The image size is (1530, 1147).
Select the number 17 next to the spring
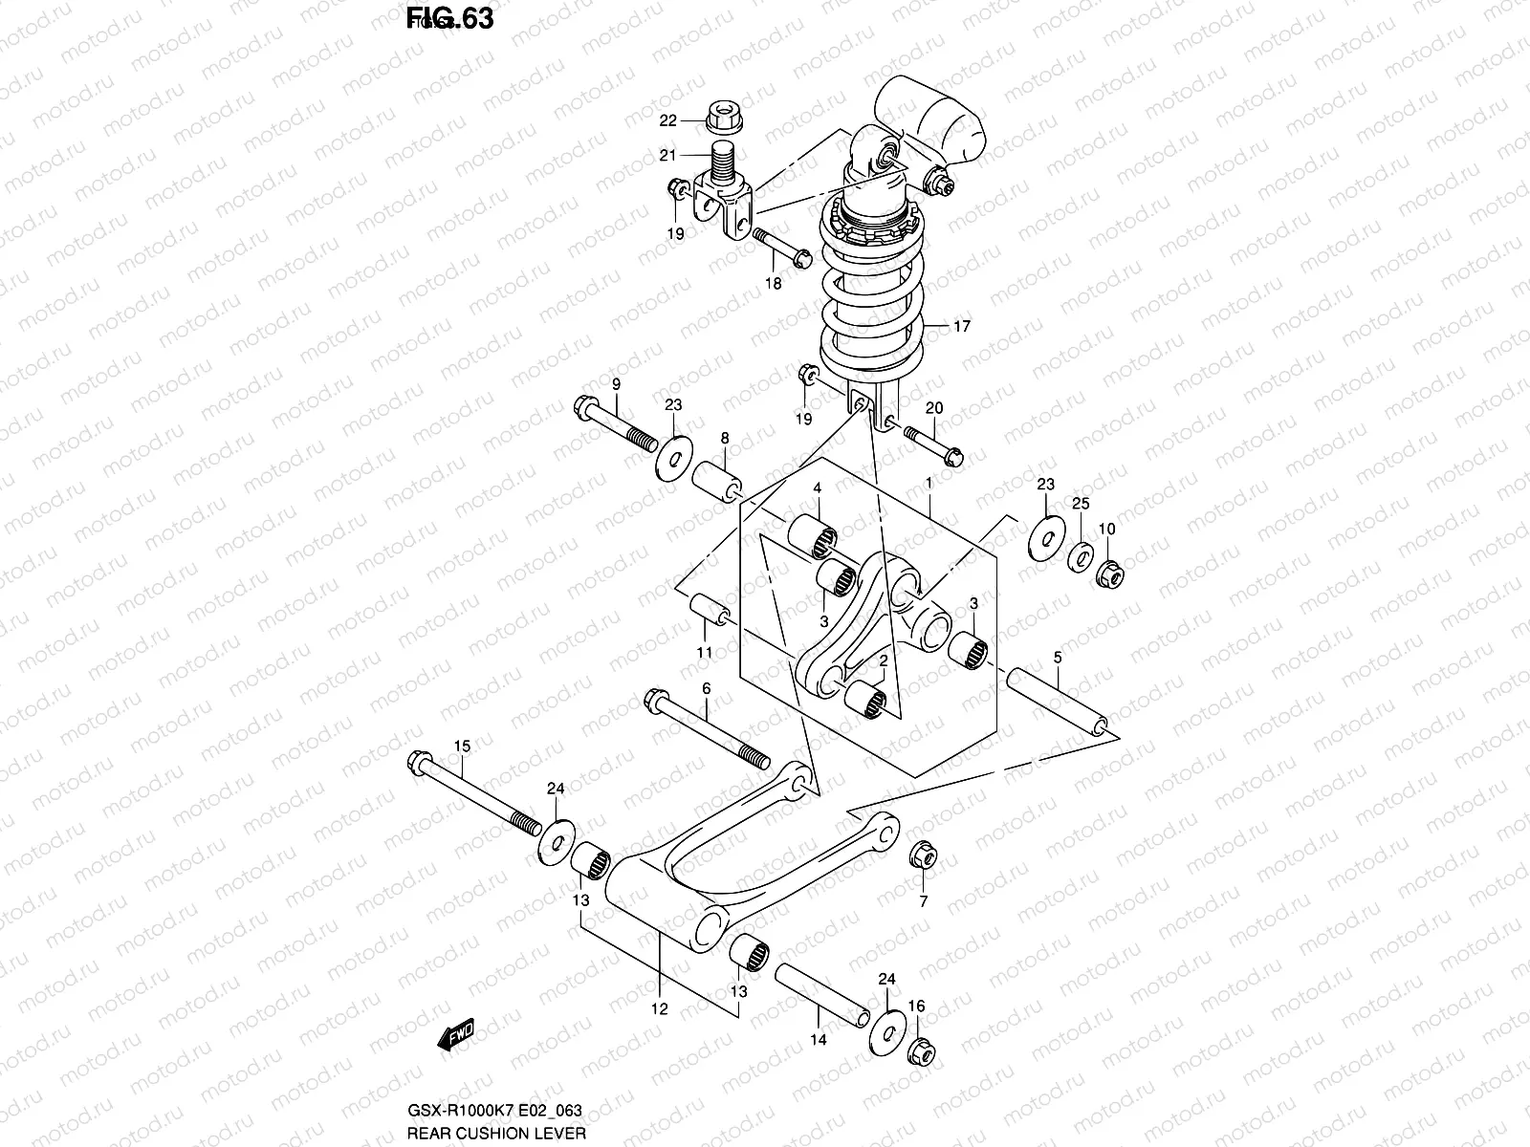(961, 327)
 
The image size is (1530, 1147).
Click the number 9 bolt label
(616, 383)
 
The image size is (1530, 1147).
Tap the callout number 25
(1080, 503)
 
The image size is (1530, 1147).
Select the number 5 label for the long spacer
(1057, 657)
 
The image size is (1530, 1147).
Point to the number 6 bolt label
(707, 688)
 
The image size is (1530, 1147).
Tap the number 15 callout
(462, 745)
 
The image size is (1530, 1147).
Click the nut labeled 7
(923, 855)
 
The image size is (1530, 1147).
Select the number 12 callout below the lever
(660, 1008)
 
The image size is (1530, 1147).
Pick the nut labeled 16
(923, 1048)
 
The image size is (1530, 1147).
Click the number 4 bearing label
(817, 487)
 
